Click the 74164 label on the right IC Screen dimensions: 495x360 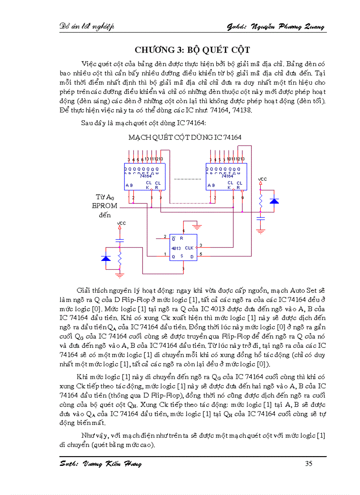(227, 175)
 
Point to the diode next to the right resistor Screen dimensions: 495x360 (274, 201)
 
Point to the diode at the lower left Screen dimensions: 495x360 (106, 258)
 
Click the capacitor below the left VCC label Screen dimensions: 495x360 (119, 240)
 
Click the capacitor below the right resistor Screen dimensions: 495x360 (261, 218)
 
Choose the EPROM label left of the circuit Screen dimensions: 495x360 (105, 205)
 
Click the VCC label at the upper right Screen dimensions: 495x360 (262, 179)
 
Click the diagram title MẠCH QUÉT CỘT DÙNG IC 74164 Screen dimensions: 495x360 (185, 138)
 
